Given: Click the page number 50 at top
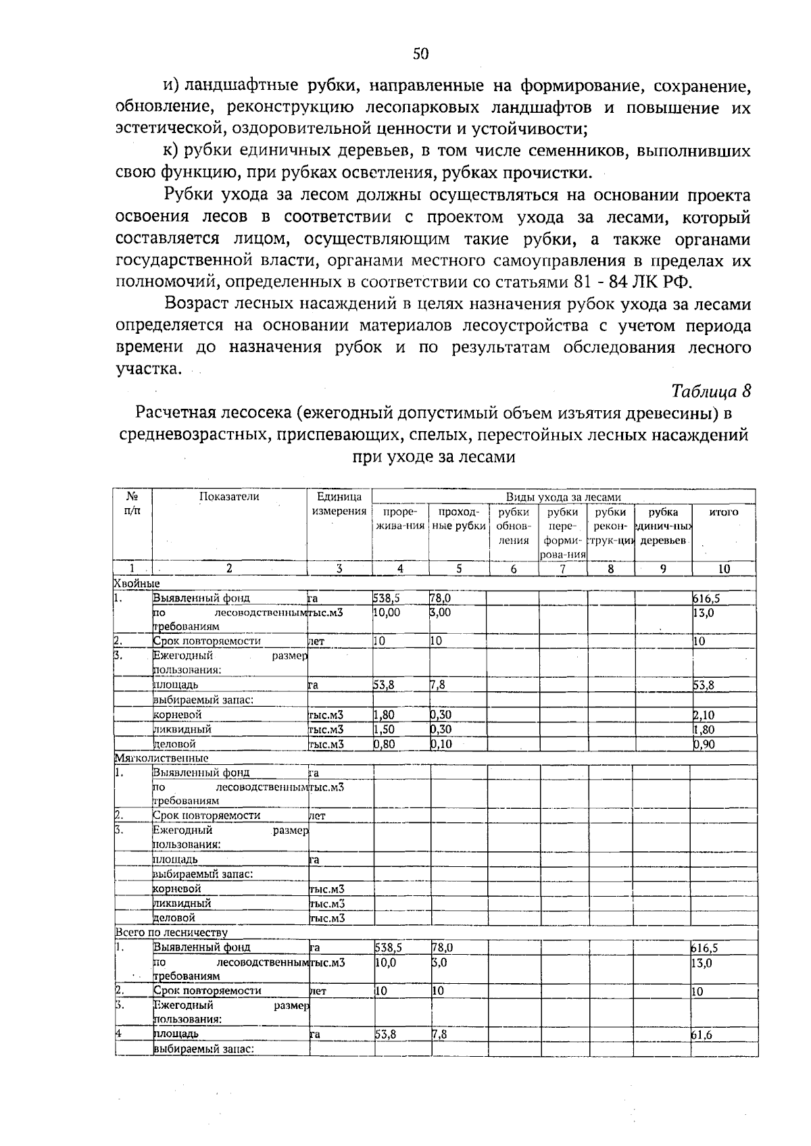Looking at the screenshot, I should point(421,55).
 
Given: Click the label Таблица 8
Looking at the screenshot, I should point(711,391).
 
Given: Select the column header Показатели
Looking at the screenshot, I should point(229,497).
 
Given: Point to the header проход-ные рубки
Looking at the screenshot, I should point(458,519).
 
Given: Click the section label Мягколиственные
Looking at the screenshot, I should point(161,758).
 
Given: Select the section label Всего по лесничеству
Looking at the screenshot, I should point(171,933).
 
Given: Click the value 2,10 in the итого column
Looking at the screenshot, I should point(704,715).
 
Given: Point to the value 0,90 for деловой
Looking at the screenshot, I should point(704,744).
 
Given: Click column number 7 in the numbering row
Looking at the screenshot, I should point(562,569).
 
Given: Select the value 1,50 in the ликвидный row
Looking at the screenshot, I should point(384,730).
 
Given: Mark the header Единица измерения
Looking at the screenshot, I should point(339,504).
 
